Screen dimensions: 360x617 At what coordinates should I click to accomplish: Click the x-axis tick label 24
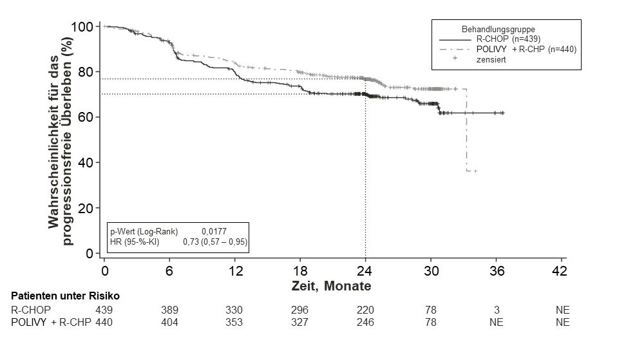point(366,270)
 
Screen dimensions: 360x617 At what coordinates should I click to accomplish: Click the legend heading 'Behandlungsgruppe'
point(498,29)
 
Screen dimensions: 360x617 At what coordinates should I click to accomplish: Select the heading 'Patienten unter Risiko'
point(66,296)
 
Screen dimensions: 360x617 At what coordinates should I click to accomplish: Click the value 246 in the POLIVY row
point(365,322)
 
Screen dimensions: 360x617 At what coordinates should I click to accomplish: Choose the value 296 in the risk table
point(300,310)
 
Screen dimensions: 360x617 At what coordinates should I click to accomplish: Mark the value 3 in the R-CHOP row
point(497,310)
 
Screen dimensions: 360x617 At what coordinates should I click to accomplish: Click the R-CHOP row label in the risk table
point(30,310)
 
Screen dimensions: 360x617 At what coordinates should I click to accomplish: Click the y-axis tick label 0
point(90,254)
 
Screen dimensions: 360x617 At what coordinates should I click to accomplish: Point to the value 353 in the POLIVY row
point(234,322)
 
